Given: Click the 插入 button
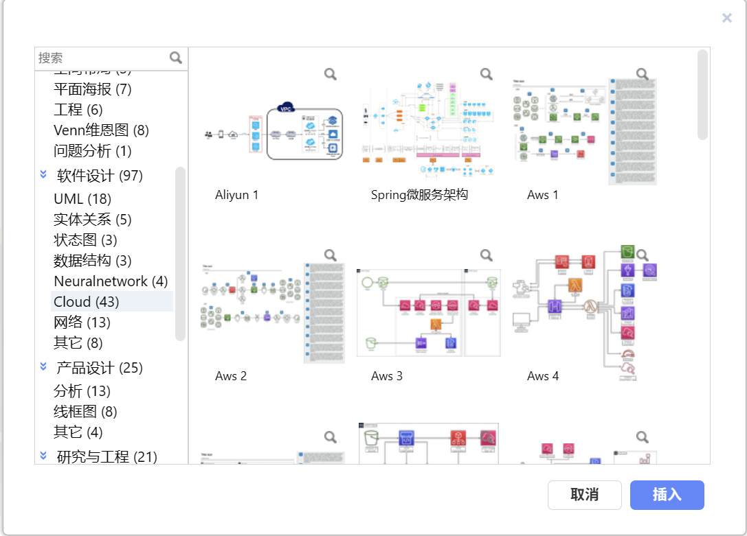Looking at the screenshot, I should [667, 495].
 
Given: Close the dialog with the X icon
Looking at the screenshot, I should [726, 19].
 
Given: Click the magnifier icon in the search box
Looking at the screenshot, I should [176, 58].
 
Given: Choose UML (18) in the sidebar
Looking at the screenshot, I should [82, 199].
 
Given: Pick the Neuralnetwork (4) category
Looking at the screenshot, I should [110, 281].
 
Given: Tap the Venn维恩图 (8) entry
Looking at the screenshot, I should [101, 130].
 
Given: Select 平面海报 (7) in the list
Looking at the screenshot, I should [92, 89].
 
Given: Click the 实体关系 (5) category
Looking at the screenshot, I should [92, 220].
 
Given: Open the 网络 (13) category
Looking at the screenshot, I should [82, 323].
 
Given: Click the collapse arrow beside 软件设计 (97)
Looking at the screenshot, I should [43, 176].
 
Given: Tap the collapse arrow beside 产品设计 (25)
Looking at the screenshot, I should [43, 368].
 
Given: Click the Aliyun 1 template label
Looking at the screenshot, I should [236, 195].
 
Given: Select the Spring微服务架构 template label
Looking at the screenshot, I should [419, 195].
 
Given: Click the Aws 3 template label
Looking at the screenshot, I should [386, 376].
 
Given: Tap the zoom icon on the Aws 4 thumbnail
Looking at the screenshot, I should [642, 255].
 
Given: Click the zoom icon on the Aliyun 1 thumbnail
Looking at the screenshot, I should [331, 74].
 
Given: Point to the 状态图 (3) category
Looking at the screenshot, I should [85, 240].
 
